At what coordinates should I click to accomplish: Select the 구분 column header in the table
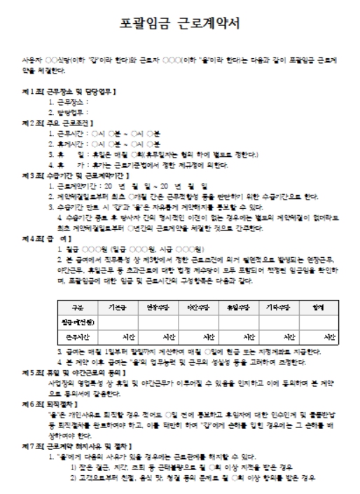[x=78, y=307]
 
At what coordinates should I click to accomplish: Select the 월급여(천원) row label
[x=78, y=322]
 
